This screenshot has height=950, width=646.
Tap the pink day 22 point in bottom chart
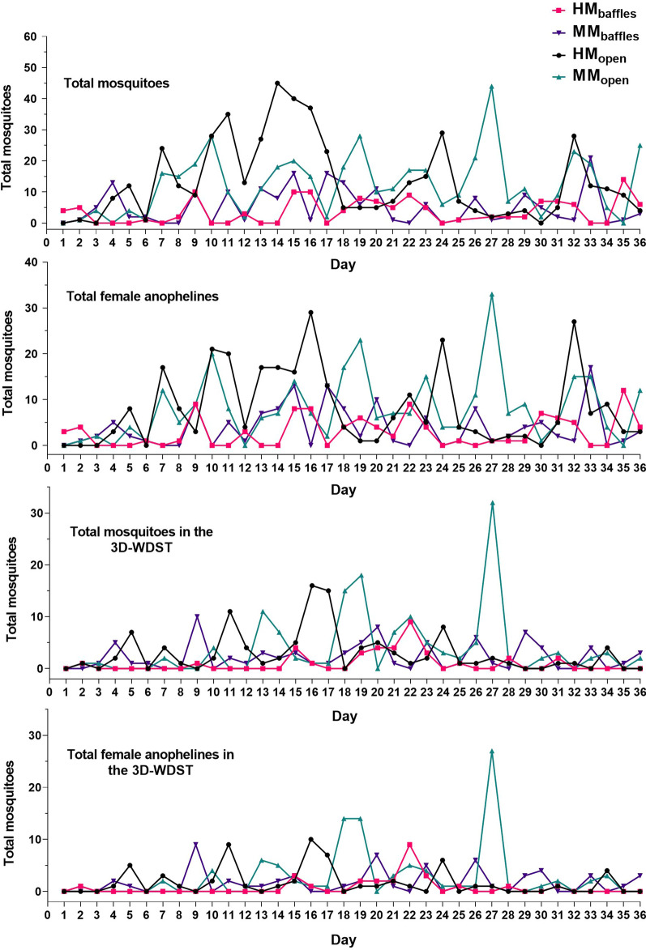pyautogui.click(x=409, y=845)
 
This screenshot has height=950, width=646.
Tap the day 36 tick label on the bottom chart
pyautogui.click(x=640, y=913)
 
